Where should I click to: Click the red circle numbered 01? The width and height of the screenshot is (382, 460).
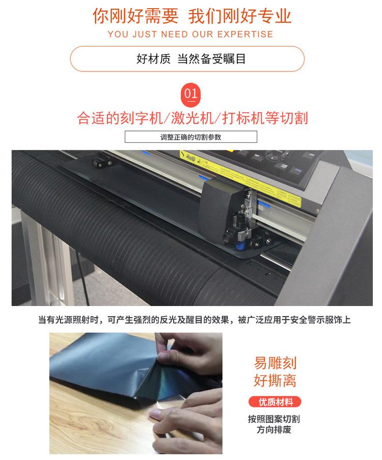[x=190, y=95]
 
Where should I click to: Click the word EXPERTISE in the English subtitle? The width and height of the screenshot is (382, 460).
[x=245, y=34]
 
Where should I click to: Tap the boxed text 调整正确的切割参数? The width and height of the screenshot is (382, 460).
[x=190, y=137]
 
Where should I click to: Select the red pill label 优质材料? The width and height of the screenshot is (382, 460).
[x=275, y=402]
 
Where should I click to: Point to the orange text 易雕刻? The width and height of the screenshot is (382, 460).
[x=275, y=363]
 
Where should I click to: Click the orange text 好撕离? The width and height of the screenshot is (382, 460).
[x=275, y=380]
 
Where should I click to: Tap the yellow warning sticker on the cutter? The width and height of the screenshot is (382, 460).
[x=240, y=176]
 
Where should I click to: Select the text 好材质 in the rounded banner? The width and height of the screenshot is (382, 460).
[x=153, y=59]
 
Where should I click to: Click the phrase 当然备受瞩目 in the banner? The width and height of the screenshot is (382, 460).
[x=211, y=59]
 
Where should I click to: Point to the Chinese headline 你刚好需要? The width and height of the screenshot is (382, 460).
[x=135, y=16]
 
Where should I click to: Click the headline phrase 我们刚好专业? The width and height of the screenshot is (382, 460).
[x=240, y=16]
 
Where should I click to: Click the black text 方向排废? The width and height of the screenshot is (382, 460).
[x=274, y=430]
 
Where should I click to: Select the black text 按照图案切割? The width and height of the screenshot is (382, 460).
[x=274, y=419]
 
